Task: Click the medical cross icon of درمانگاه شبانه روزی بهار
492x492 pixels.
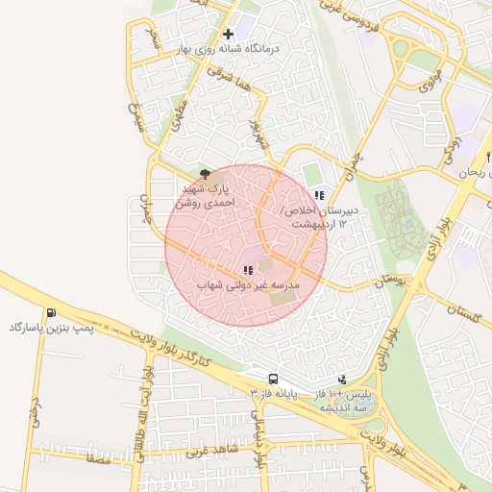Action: tap(228, 34)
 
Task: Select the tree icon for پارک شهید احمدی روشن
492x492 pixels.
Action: tap(205, 174)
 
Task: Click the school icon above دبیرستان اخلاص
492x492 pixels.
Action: tap(319, 195)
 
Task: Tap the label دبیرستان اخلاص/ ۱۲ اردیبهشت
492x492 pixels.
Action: tap(320, 216)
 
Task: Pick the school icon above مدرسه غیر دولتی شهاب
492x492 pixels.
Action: tap(247, 271)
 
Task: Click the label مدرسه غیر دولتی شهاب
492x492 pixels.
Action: tap(249, 286)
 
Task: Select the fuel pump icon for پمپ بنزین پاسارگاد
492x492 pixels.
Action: tap(50, 312)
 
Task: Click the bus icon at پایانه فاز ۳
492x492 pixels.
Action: tap(273, 379)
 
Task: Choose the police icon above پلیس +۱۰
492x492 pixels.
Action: tap(343, 380)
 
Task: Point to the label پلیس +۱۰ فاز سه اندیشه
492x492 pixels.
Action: tap(343, 401)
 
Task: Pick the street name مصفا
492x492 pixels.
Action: tap(98, 461)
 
